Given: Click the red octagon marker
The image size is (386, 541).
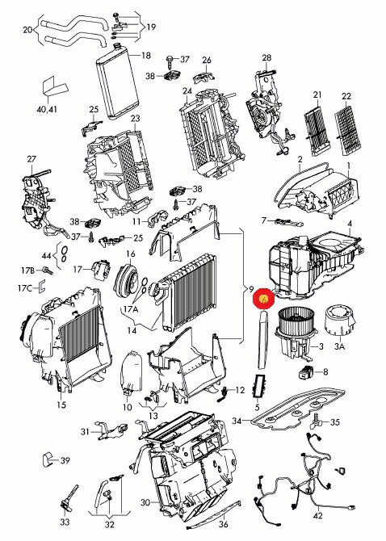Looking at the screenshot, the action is pyautogui.click(x=263, y=299).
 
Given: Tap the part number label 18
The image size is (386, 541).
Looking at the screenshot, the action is pyautogui.click(x=146, y=55).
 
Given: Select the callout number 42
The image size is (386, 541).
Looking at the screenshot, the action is pyautogui.click(x=317, y=515).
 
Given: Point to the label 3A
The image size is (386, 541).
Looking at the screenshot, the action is pyautogui.click(x=339, y=346).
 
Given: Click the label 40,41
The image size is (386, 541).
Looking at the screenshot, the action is pyautogui.click(x=47, y=110).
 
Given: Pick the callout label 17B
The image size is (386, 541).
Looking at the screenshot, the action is pyautogui.click(x=28, y=270).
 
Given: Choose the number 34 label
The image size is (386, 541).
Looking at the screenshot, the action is pyautogui.click(x=237, y=421).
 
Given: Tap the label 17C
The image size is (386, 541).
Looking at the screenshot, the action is pyautogui.click(x=25, y=287).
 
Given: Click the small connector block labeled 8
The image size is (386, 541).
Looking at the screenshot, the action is pyautogui.click(x=306, y=371).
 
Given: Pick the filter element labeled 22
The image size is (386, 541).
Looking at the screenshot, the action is pyautogui.click(x=349, y=130).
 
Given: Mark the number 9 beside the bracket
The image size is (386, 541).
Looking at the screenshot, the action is pyautogui.click(x=251, y=288).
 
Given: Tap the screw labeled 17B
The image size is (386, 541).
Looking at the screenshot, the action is pyautogui.click(x=48, y=270).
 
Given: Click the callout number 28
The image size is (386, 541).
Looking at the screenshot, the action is pyautogui.click(x=266, y=57).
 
